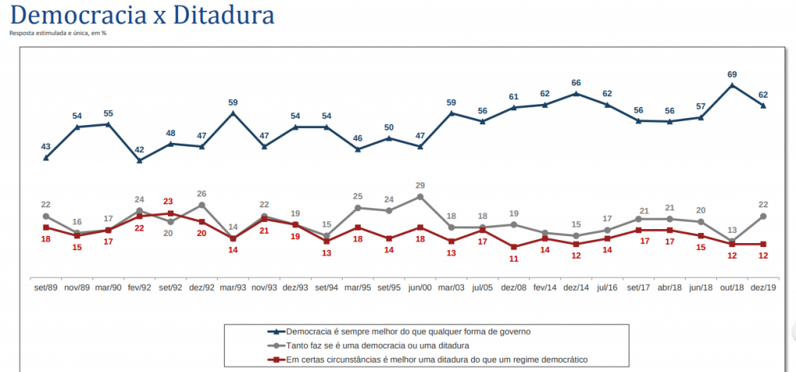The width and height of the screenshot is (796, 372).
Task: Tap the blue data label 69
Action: coord(731,74)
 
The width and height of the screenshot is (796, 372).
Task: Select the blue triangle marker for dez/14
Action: coord(576,94)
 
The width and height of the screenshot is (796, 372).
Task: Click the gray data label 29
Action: coord(420,186)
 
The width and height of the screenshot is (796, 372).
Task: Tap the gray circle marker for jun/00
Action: coord(420,197)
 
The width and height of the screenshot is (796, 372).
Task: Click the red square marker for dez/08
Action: coord(514,247)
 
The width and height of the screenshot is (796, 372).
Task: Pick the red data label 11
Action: coord(514,259)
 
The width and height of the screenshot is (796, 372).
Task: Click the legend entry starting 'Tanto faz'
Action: coord(376,345)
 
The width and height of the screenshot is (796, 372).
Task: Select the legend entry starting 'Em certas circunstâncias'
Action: coord(436,359)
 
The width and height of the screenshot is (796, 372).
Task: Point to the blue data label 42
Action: coord(139,150)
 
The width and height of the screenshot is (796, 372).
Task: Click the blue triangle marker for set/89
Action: coord(46,158)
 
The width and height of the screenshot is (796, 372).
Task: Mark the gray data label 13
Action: coord(731,230)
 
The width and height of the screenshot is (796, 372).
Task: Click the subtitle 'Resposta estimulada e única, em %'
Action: coord(58,33)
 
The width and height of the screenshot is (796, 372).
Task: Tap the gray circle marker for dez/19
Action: coord(763,216)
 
